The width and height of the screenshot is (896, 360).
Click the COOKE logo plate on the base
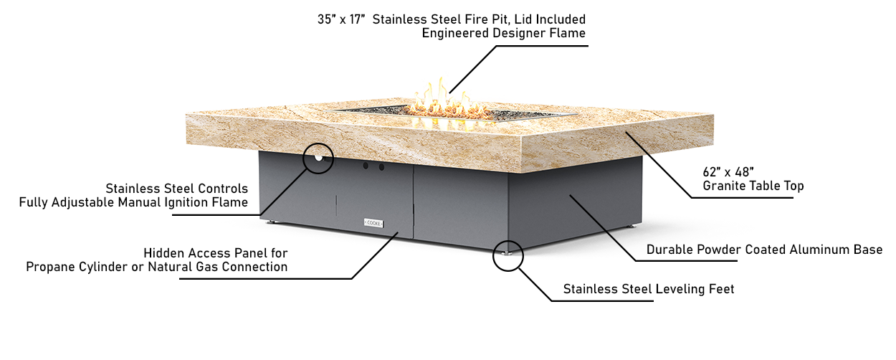point(374,222)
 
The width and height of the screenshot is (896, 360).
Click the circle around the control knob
point(318,158)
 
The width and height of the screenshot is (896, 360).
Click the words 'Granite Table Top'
point(753,186)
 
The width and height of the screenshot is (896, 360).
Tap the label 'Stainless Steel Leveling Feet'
point(649,289)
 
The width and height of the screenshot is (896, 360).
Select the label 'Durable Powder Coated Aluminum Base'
point(764,250)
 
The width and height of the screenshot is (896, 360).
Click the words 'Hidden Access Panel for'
point(216,253)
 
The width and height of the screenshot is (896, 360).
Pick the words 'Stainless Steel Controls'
point(177,189)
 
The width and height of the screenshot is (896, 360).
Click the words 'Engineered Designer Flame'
point(504,33)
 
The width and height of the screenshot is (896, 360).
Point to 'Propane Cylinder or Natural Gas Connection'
point(157,267)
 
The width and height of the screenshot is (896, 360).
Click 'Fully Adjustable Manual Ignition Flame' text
point(133,202)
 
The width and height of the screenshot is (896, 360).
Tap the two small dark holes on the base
point(373,166)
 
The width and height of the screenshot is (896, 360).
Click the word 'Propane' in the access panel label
point(49,267)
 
